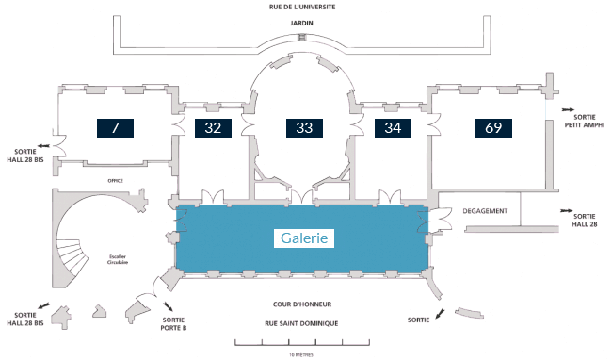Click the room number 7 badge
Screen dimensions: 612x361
point(115,128)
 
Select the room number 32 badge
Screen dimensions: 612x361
point(213,128)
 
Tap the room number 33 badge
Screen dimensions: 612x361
point(304,128)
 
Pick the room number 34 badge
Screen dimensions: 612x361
point(393,128)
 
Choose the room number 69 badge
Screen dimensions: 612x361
point(493,128)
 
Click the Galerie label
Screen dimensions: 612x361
point(304,238)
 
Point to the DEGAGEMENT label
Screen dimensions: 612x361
point(485,211)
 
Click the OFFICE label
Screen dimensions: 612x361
point(115,181)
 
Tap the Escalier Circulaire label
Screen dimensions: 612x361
point(118,259)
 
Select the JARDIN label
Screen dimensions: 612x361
point(301,23)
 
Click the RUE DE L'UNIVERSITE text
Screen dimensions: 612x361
point(302,7)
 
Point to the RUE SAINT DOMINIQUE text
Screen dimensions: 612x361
point(301,323)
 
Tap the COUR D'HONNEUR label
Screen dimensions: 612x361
point(302,304)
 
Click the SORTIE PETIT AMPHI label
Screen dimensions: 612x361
point(585,121)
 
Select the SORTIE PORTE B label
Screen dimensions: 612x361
point(173,324)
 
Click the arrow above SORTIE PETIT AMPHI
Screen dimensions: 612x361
point(568,109)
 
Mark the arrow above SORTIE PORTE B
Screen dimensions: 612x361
point(169,306)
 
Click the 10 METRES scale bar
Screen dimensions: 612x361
point(302,343)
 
